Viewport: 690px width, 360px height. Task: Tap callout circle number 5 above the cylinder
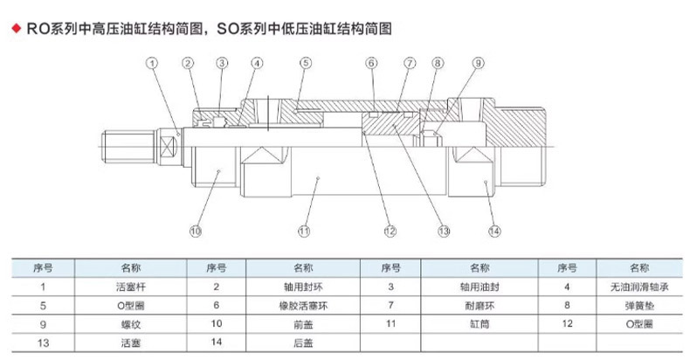point(305,63)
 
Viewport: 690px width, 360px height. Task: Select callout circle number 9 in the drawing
point(478,63)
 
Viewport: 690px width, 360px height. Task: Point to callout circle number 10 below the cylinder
point(196,232)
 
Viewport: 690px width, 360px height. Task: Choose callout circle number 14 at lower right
point(495,232)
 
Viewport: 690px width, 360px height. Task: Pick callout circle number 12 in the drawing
point(390,232)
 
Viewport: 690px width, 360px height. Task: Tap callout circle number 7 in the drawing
point(408,63)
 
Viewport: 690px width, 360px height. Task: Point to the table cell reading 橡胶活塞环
point(300,305)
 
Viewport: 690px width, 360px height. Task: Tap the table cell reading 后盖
point(300,342)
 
